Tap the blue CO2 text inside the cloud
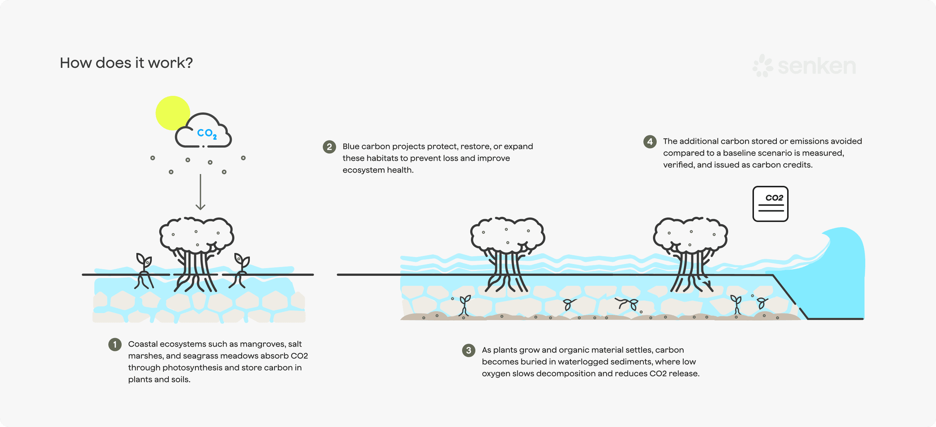(x=207, y=133)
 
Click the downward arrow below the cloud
(x=200, y=192)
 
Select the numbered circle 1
(x=115, y=344)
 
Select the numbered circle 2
(x=329, y=147)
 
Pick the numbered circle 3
(x=468, y=350)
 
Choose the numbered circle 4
(x=650, y=142)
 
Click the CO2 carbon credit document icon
(x=770, y=204)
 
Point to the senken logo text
(x=817, y=66)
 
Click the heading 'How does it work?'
(x=126, y=63)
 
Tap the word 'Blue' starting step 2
(x=351, y=147)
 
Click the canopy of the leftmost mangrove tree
(x=196, y=234)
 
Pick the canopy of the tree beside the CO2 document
(x=690, y=234)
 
